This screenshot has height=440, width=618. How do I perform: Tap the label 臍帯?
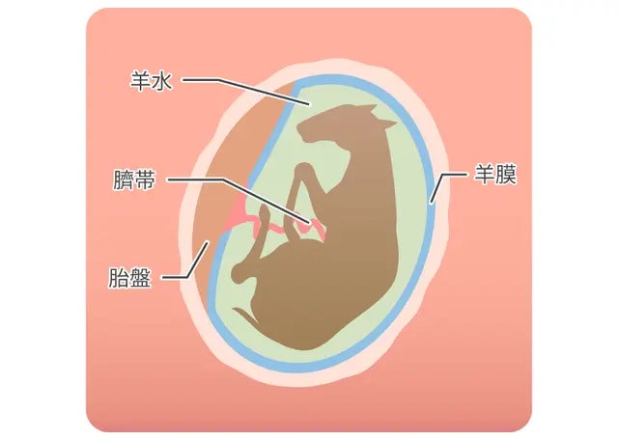pos(133,181)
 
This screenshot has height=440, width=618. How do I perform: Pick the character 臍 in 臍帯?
pos(122,181)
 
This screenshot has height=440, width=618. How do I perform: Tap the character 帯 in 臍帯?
pos(145,181)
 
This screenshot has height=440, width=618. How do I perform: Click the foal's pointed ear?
pos(385,124)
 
